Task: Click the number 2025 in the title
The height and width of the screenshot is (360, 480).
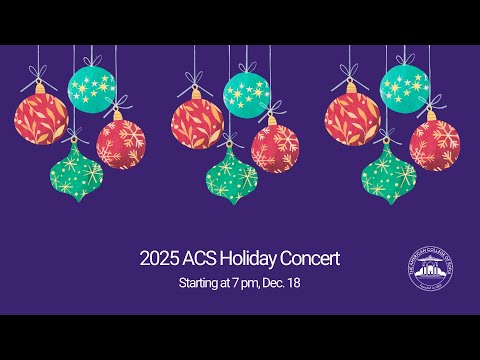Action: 160,259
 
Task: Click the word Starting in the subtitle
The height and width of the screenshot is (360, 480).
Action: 198,284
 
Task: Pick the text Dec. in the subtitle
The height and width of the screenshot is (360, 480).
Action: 273,284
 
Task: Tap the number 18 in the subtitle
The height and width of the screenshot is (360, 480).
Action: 294,284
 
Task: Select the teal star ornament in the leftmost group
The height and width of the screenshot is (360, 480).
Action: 91,90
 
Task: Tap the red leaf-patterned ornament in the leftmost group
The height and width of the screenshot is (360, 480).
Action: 40,117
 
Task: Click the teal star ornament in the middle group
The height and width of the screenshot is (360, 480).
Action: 246,92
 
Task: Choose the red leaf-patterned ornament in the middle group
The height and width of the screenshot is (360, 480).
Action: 196,120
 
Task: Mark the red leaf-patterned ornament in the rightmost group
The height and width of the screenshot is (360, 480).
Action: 350,117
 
